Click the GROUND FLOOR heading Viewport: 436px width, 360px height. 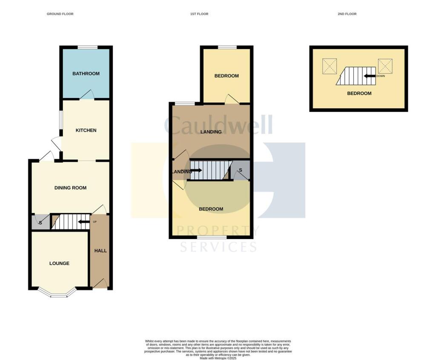pos(60,14)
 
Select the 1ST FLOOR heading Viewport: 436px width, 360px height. pos(199,14)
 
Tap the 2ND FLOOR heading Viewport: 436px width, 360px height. pos(347,14)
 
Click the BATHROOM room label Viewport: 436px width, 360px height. pos(86,74)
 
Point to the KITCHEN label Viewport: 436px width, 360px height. pos(86,130)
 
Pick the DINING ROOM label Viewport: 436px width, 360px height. pos(70,188)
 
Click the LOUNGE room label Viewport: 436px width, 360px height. pos(59,264)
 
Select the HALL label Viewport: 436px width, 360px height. pos(100,251)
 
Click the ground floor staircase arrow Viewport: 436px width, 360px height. pos(84,222)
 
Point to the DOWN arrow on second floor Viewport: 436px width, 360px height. pos(369,76)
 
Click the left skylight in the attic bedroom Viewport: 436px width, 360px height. pos(329,66)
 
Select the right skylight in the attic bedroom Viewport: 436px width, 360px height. pos(385,66)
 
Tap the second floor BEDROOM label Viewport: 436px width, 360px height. pos(359,94)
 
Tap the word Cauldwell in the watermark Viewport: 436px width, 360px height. pos(218,125)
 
